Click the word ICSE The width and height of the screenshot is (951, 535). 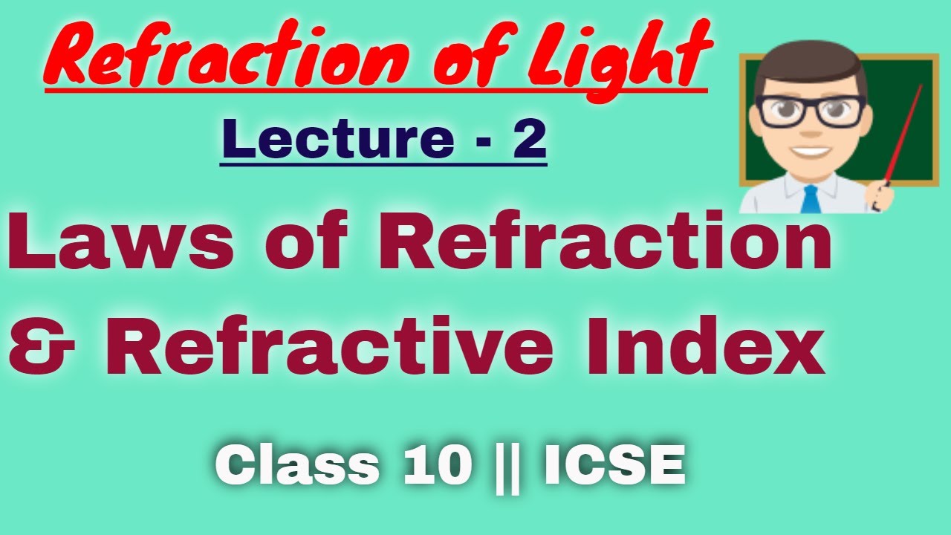614,467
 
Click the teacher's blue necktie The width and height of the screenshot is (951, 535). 810,199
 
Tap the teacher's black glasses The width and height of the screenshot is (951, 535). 810,111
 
